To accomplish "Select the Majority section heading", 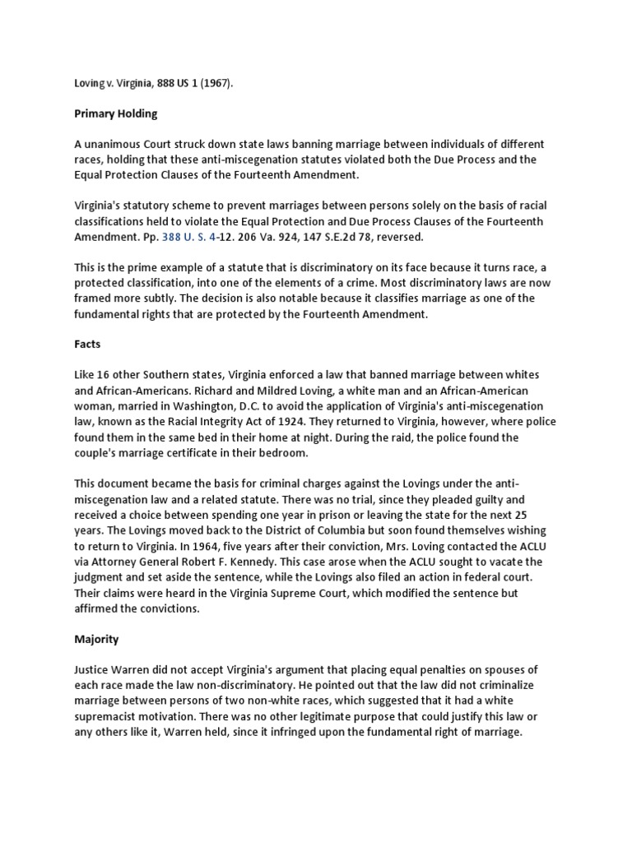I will pyautogui.click(x=96, y=638).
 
